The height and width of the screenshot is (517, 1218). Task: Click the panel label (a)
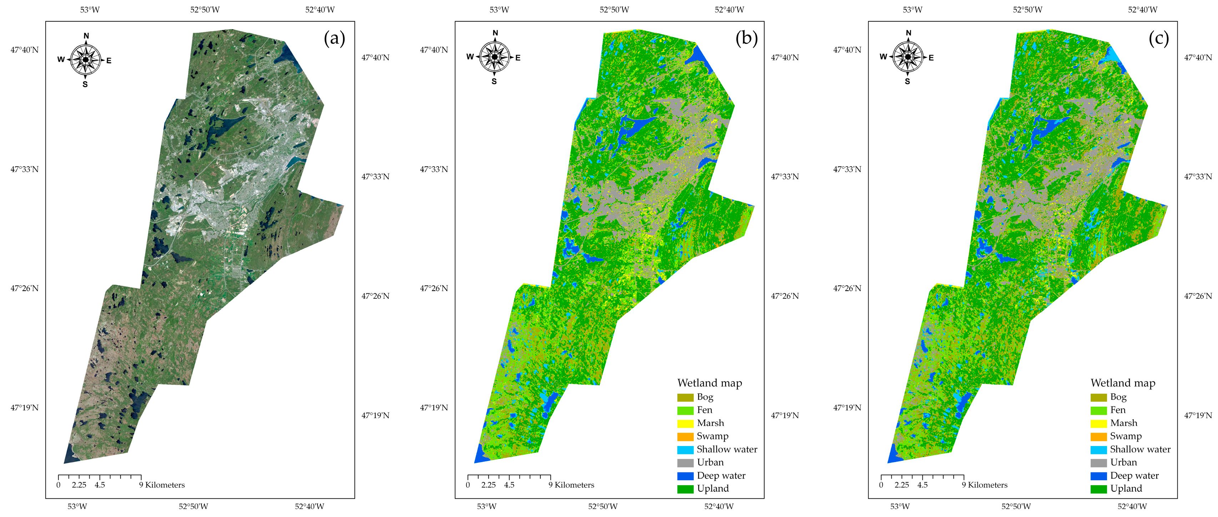(x=334, y=38)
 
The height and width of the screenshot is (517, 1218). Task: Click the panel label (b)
(x=746, y=38)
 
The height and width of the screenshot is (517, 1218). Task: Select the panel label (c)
(x=1159, y=38)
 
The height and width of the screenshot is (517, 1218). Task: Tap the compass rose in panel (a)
(x=86, y=60)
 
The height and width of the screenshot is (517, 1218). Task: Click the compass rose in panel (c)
(x=907, y=57)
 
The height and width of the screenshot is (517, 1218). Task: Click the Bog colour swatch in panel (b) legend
(x=685, y=397)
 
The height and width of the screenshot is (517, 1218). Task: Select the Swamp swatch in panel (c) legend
(x=1098, y=437)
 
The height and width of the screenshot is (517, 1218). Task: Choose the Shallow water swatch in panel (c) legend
(x=1098, y=450)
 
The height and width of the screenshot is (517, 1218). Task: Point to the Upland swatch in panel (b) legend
(x=685, y=489)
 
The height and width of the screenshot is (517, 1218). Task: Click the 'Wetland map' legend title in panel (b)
(x=709, y=383)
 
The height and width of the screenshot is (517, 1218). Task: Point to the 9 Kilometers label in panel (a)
(x=162, y=485)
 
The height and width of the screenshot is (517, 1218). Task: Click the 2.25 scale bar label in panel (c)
(x=901, y=485)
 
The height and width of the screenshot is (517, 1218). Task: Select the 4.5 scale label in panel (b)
(x=509, y=485)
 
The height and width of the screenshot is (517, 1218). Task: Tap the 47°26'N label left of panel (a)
(x=25, y=288)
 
